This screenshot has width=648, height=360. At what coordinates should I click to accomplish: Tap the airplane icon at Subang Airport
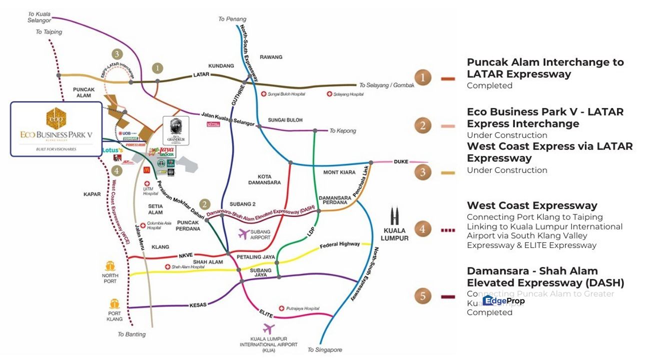[244, 233]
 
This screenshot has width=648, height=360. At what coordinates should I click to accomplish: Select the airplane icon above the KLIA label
[268, 329]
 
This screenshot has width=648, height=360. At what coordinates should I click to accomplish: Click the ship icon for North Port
[110, 266]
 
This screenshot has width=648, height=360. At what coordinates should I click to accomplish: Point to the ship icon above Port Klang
[114, 303]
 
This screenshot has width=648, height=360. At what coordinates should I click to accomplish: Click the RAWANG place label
[270, 57]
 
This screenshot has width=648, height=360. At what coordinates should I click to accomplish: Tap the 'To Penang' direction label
[232, 19]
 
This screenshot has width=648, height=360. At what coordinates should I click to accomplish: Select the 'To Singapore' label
[324, 349]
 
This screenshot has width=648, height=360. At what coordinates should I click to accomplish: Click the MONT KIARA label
[339, 172]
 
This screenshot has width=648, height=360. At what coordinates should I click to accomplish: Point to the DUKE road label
[401, 162]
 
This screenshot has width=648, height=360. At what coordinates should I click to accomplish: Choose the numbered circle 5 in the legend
[423, 296]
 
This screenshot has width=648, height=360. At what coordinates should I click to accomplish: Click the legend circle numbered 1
[423, 78]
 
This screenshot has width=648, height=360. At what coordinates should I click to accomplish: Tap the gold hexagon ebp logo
[56, 118]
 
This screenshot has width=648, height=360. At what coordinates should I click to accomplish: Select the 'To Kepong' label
[342, 131]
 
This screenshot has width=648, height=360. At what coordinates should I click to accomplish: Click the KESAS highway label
[198, 304]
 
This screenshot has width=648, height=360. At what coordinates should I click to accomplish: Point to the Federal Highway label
[339, 244]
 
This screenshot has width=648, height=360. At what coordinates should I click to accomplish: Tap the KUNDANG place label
[221, 66]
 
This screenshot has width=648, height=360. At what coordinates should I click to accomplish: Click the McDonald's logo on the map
[146, 170]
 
